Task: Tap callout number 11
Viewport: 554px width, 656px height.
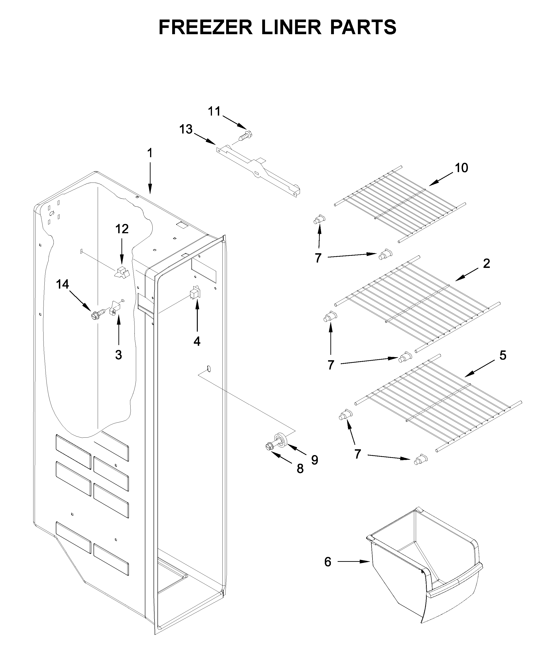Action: pos(215,111)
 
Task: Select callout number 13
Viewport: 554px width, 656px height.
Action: pos(186,129)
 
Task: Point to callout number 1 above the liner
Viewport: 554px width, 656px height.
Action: pos(150,153)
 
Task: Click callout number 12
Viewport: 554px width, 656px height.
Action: pos(122,229)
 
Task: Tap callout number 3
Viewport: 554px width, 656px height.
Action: pos(118,355)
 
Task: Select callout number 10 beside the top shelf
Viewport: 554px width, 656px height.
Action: pos(461,168)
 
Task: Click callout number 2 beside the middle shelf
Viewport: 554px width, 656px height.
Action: pos(486,263)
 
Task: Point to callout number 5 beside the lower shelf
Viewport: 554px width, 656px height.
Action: pos(503,355)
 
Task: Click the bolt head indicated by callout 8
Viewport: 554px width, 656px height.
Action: pos(269,446)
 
